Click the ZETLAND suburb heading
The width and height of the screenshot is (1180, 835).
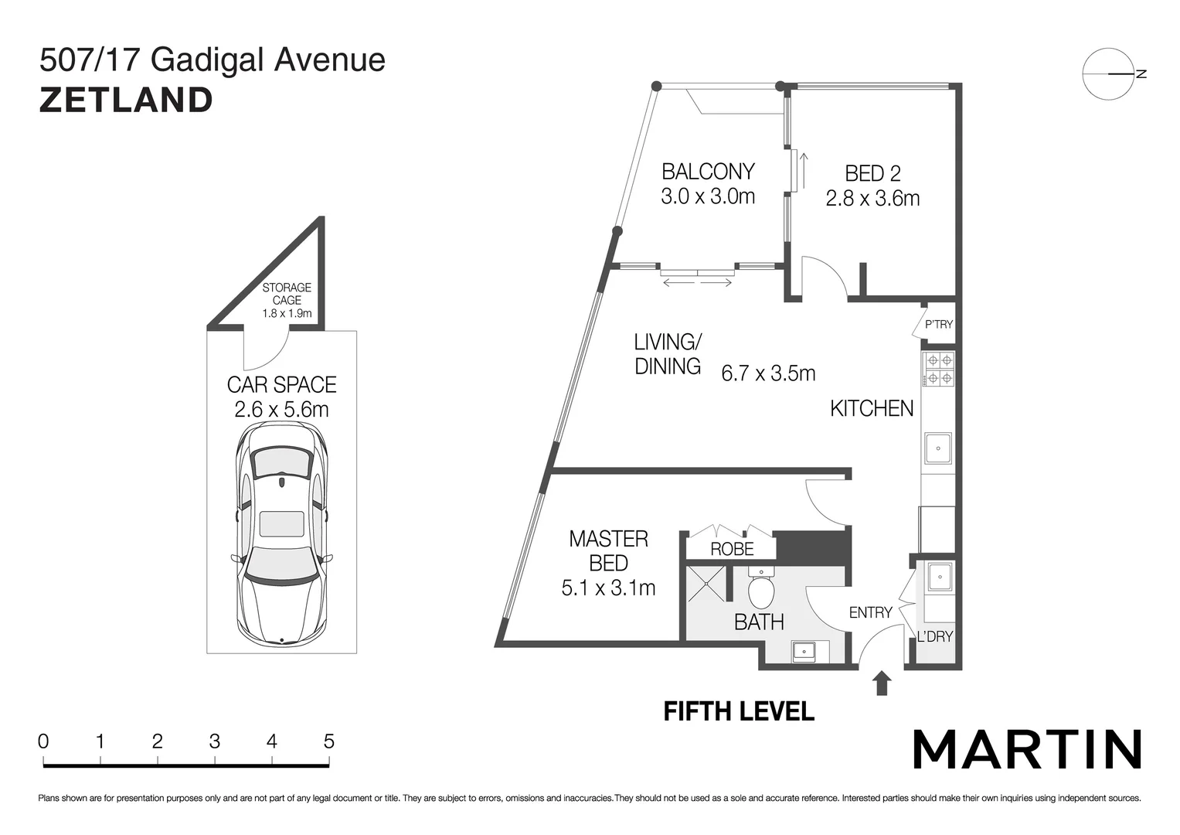coord(126,101)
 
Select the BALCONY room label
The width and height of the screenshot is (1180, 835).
coord(707,171)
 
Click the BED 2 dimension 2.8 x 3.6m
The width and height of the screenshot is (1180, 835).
coord(872,199)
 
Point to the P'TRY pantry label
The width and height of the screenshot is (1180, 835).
coord(939,324)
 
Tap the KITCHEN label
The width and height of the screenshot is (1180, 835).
coord(872,408)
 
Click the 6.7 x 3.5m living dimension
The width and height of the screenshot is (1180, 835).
coord(768,373)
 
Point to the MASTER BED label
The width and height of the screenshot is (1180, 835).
coord(608,550)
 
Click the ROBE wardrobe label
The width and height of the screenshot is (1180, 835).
coord(732,549)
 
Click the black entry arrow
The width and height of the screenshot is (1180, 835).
coord(882,683)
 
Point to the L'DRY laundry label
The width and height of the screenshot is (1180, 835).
coord(934,636)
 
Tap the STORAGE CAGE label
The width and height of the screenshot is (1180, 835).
coord(287,294)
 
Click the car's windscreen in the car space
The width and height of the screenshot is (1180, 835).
coord(282,465)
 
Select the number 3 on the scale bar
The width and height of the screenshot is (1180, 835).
coord(214,741)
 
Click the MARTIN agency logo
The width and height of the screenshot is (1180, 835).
coord(1027,748)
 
